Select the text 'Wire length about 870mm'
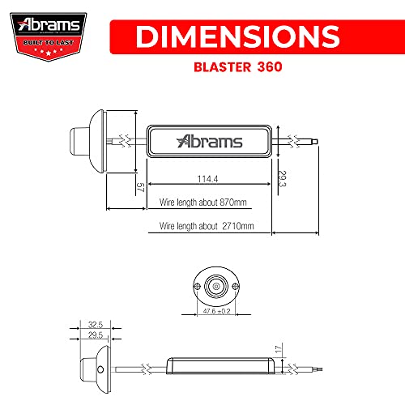tap(202, 202)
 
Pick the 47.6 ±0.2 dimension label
tap(217, 311)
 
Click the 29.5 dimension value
tap(95, 335)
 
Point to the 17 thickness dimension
tap(277, 351)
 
